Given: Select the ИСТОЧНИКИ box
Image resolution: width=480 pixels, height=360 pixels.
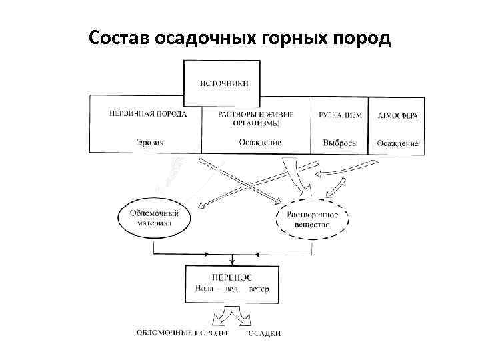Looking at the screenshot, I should click(223, 83).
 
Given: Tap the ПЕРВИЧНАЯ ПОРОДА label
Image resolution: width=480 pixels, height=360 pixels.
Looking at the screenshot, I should click(148, 115).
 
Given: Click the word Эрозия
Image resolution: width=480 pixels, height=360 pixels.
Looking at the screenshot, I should click(150, 142).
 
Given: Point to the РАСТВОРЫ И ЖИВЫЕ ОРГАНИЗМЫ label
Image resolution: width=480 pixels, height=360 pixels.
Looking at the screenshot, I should click(256, 119).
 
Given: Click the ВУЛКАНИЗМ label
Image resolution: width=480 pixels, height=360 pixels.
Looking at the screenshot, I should click(340, 115).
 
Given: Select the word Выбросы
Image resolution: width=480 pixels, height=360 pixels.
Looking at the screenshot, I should click(340, 143).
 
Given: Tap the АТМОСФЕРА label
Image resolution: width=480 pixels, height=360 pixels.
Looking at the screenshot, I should click(398, 115).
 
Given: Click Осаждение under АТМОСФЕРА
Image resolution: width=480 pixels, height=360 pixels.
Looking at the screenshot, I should click(397, 143).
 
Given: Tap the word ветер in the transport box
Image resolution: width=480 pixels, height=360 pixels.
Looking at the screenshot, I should click(259, 288).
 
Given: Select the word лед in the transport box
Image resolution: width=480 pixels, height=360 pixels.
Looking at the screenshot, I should click(233, 288).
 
